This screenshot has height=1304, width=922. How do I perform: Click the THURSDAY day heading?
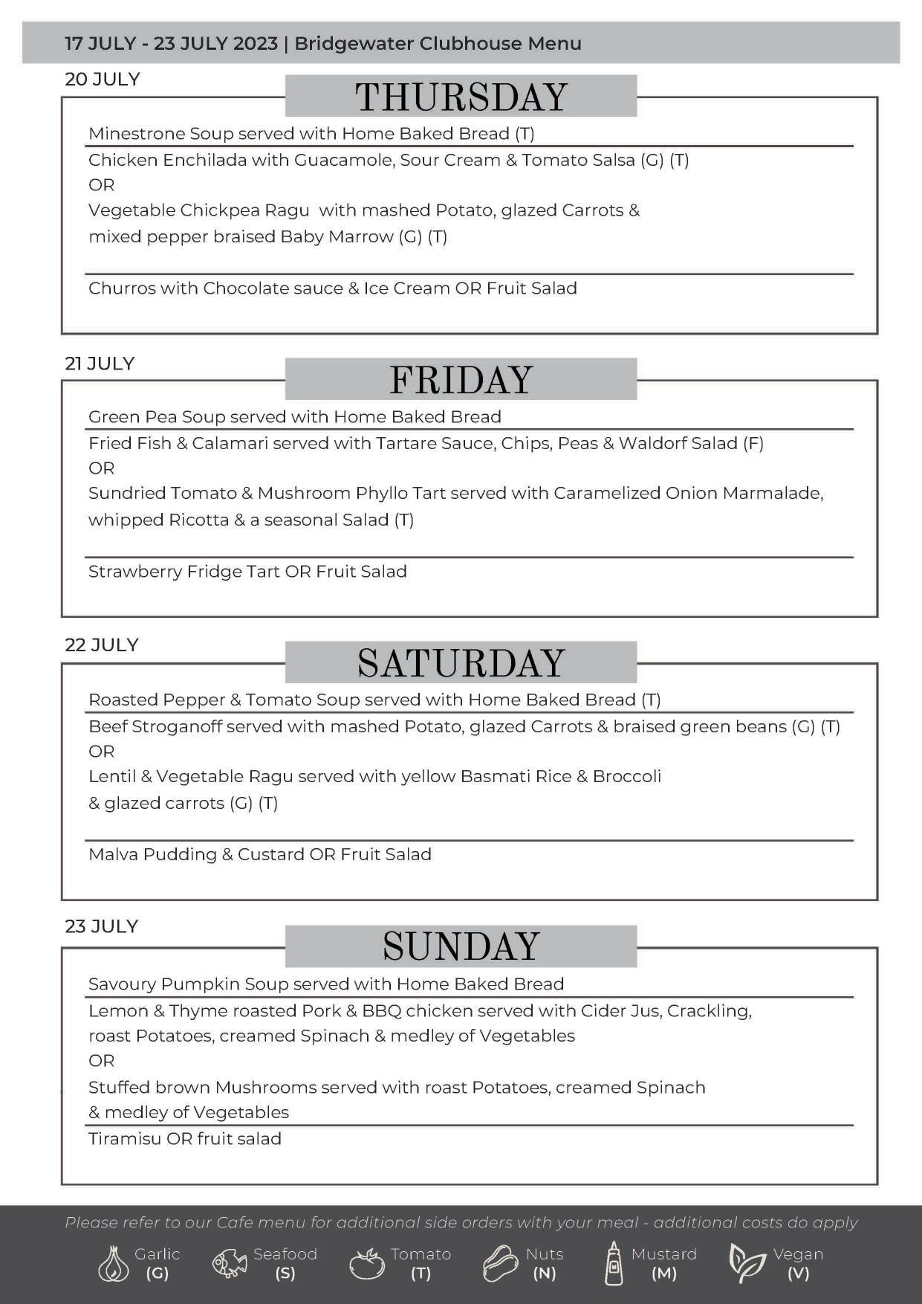(x=461, y=97)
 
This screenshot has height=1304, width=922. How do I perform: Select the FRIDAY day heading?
(x=461, y=380)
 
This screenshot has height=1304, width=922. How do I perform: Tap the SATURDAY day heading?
(x=461, y=663)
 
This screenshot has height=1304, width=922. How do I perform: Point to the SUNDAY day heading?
(x=461, y=946)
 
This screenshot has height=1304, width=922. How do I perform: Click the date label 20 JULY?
(x=103, y=80)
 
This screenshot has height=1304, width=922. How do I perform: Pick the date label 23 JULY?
(x=102, y=926)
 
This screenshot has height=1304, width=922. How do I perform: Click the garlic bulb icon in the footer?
(x=113, y=1263)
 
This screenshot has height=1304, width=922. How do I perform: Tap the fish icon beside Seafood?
(x=230, y=1263)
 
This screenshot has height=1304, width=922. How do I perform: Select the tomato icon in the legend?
(x=367, y=1263)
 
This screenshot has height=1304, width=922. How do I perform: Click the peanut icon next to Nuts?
(x=500, y=1263)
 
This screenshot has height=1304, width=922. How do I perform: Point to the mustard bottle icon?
(x=614, y=1263)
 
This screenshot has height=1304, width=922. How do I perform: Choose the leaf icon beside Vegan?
(x=746, y=1263)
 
